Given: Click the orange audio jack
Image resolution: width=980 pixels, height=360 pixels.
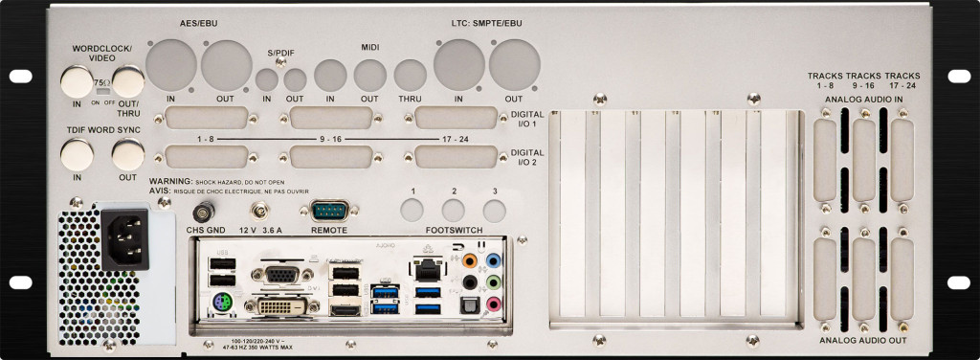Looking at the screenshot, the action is tap(469, 259).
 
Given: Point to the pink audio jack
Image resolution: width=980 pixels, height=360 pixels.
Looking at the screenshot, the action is tap(494, 304).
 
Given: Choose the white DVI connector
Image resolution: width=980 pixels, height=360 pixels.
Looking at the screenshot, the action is tap(278, 305).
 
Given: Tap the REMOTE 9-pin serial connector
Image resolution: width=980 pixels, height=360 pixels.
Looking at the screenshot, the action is tap(327, 211).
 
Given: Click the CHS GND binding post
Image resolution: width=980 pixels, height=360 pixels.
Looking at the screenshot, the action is tap(203, 211).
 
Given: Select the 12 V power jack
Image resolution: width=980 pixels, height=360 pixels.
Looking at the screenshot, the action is tap(257, 210).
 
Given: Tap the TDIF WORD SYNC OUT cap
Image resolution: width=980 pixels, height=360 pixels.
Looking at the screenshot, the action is tap(126, 153).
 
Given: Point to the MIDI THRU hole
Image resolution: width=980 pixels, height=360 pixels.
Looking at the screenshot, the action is tap(411, 76).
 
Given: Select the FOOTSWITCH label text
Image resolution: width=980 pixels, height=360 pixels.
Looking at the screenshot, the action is tap(455, 230).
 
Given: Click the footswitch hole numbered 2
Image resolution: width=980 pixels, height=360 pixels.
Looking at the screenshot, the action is tap(454, 210).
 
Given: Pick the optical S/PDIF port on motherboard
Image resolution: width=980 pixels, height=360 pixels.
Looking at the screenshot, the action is tap(469, 304).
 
